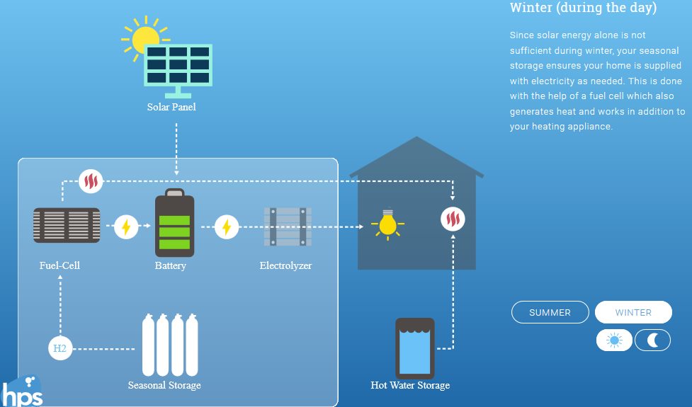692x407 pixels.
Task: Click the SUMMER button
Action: point(550,312)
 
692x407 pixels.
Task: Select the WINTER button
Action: point(633,312)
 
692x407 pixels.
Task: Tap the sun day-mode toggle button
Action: point(614,340)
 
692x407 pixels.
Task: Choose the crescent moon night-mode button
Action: point(652,340)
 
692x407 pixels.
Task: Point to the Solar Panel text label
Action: point(171,108)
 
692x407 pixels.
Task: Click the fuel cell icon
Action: point(67,225)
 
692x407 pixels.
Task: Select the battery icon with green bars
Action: point(174,224)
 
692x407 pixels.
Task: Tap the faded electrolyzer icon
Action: point(287,227)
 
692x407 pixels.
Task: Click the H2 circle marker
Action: point(60,348)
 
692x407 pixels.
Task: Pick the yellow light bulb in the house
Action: point(387,224)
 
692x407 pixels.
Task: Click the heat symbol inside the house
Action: point(452,219)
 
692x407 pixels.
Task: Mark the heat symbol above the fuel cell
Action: point(91,181)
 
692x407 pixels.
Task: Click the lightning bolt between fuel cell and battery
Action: point(126,227)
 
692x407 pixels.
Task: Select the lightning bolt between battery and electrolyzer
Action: point(227,227)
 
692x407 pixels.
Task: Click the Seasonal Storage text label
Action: point(164,386)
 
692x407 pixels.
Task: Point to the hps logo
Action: point(21,391)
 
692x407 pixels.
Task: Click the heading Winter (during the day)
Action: point(583,8)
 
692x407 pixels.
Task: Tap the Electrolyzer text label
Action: point(285,266)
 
